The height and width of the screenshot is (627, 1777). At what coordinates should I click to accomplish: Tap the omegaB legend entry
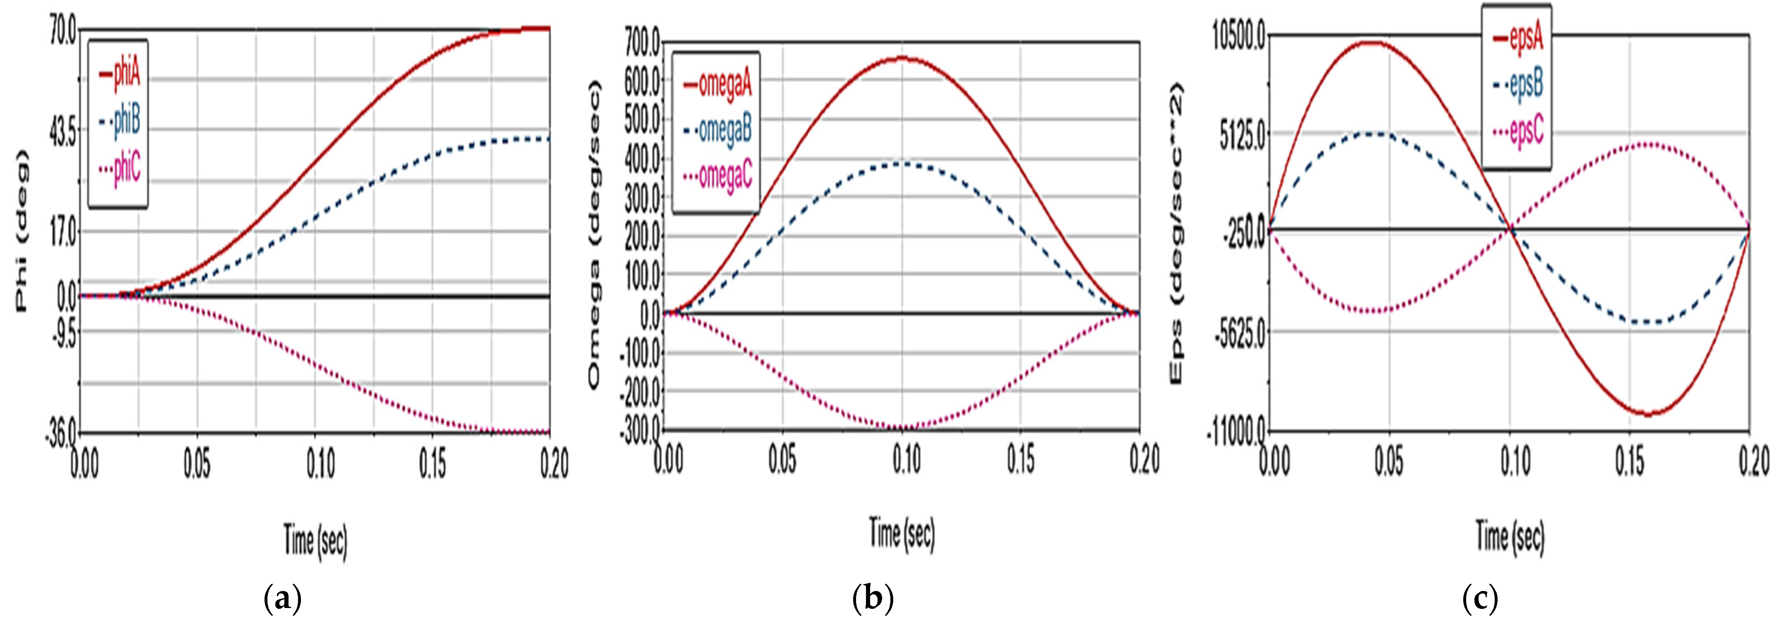point(718,130)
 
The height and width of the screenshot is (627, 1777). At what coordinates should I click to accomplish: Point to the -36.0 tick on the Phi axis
point(62,434)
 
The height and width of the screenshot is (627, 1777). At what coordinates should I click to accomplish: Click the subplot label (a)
point(283,599)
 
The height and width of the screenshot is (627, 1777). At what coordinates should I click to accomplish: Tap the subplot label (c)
point(1480,599)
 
